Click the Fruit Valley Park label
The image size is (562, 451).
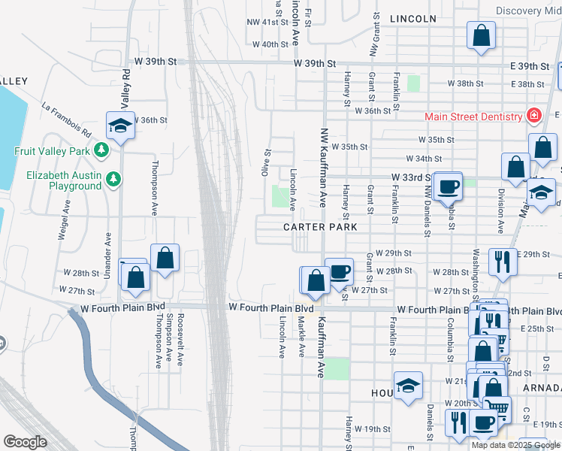coord(52,150)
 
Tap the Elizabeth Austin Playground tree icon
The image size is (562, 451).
coord(113,179)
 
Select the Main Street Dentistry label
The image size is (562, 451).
coord(473,117)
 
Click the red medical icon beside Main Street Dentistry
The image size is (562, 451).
coord(533,116)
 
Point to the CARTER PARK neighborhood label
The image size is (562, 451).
coord(319,226)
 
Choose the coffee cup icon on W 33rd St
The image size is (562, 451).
coord(449,186)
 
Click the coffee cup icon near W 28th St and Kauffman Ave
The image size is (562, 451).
coord(339,271)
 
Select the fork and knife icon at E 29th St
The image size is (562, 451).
coord(503,262)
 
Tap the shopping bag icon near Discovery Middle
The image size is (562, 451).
coord(481,35)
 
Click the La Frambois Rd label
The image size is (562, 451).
coord(67,120)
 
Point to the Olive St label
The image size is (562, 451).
coord(267,162)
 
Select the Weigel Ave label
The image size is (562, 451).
coord(63,219)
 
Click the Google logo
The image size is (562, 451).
coord(26,442)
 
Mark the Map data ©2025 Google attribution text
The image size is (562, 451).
coord(515,445)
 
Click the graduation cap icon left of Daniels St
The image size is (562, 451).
coord(408,386)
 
